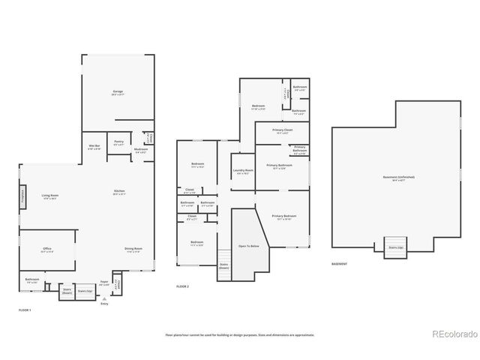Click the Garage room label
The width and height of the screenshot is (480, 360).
tap(117, 93)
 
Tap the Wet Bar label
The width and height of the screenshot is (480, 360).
tap(94, 147)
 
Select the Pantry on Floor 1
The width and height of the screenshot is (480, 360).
tap(118, 142)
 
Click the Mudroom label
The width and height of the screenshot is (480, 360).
tap(141, 150)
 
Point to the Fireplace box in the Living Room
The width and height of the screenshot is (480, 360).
tap(22, 196)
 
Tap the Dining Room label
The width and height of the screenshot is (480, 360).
tap(133, 250)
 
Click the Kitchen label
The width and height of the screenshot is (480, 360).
tap(119, 192)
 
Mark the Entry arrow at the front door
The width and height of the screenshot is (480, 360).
tap(104, 298)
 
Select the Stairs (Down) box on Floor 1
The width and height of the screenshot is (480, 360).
tap(67, 289)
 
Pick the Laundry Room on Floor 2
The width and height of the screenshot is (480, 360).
tap(244, 172)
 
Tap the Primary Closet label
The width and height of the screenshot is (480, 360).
tap(283, 132)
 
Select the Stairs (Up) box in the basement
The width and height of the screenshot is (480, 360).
tap(395, 247)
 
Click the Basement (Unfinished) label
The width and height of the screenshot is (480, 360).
tap(398, 178)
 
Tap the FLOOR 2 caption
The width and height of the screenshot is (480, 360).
tap(182, 286)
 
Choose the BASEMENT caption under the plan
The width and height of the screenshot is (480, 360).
tap(339, 264)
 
